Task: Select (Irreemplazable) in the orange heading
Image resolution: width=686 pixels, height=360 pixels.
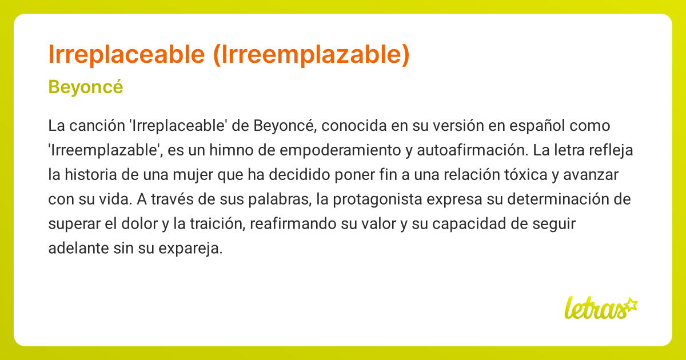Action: (x=311, y=54)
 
